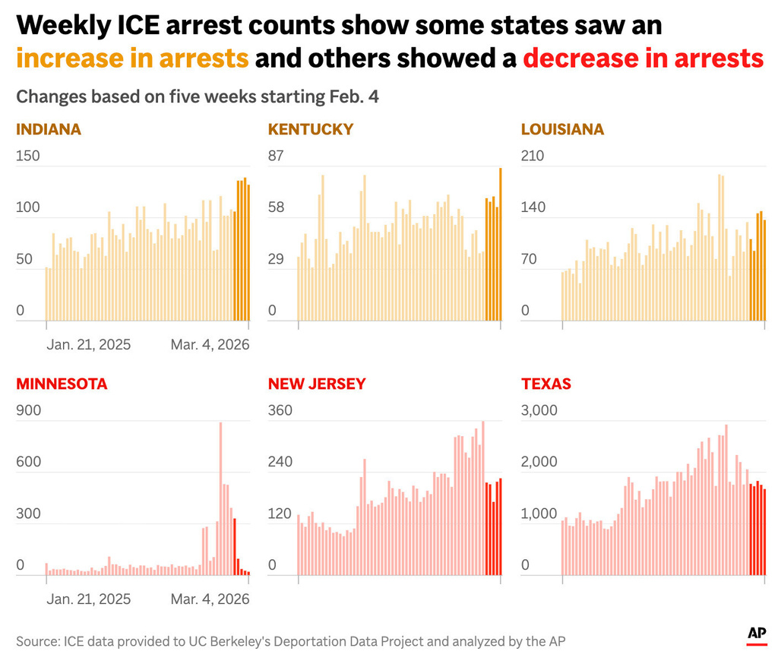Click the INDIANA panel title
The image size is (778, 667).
[x=49, y=129]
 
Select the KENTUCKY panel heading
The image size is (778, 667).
[x=311, y=129]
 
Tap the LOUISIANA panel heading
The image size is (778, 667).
[x=563, y=129]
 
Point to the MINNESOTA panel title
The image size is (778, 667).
[x=62, y=384]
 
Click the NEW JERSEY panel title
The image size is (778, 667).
[x=317, y=384]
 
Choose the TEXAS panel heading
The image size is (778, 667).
[x=546, y=384]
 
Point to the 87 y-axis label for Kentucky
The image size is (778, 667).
[x=275, y=156]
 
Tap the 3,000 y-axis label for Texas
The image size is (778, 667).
[x=539, y=410]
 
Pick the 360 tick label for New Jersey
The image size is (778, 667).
[x=280, y=410]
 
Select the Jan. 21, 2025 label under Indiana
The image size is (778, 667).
[x=89, y=344]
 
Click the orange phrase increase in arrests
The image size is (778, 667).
[x=132, y=58]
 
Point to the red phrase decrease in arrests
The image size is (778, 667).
[x=643, y=58]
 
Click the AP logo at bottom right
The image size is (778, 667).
[x=756, y=634]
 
